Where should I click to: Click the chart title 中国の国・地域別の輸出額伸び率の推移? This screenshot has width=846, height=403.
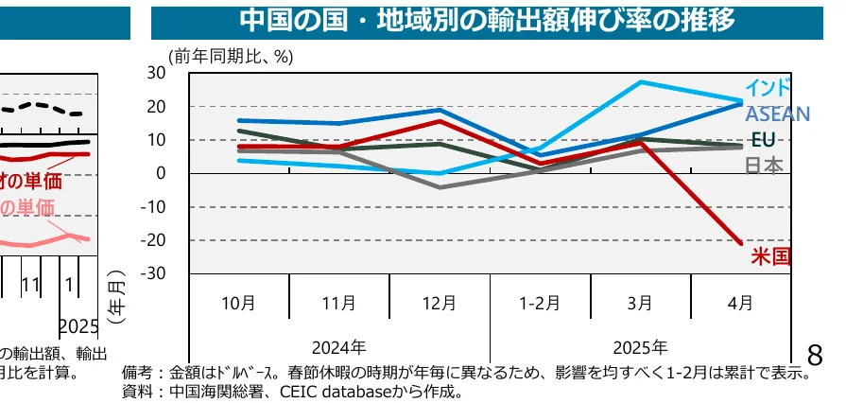point(487,19)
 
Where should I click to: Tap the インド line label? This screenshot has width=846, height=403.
point(768,88)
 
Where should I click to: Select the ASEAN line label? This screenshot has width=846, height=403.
point(777,114)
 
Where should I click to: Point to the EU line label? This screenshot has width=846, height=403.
point(763,140)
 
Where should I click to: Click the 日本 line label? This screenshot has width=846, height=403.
point(765,166)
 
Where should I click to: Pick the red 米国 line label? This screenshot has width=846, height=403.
point(770,255)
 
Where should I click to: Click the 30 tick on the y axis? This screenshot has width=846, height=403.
point(157,73)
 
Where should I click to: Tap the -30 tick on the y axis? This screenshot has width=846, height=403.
point(153,274)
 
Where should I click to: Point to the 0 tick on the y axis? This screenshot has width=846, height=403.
point(162,173)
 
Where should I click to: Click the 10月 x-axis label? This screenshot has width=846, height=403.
point(238,304)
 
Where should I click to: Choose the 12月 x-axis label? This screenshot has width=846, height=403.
point(440,304)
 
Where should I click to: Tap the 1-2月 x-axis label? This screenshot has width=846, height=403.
point(540,304)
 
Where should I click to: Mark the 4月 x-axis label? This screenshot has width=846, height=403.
point(741,304)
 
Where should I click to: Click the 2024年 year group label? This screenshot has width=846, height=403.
point(338,347)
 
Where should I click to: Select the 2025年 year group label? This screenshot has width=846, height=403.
point(640,347)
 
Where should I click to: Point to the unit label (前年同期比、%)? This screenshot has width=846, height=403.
point(232,57)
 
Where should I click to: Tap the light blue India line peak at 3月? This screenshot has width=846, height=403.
point(641,82)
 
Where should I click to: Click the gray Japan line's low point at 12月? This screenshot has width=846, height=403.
point(440,187)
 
